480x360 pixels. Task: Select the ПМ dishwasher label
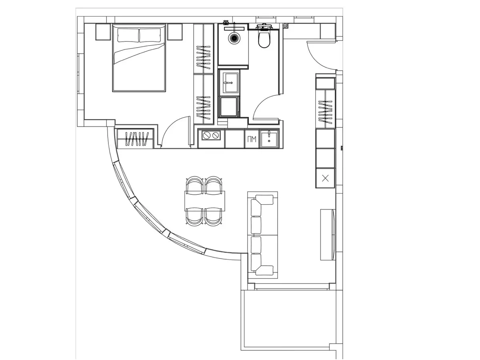pyautogui.click(x=252, y=139)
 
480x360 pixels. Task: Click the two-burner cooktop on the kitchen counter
pyautogui.click(x=211, y=136)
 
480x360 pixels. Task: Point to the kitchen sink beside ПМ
pyautogui.click(x=269, y=139)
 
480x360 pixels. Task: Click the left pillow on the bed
pyautogui.click(x=128, y=35)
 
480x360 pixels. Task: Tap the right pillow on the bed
pyautogui.click(x=150, y=35)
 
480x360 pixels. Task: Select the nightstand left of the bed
pyautogui.click(x=103, y=32)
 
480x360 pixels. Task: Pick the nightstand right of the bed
pyautogui.click(x=175, y=32)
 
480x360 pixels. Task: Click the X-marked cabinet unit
pyautogui.click(x=325, y=178)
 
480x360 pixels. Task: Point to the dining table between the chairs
pyautogui.click(x=205, y=201)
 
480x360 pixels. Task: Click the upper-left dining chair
pyautogui.click(x=195, y=185)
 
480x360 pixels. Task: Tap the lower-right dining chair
pyautogui.click(x=214, y=217)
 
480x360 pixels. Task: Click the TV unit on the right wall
pyautogui.click(x=328, y=234)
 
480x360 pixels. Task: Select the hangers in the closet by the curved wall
pyautogui.click(x=136, y=139)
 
